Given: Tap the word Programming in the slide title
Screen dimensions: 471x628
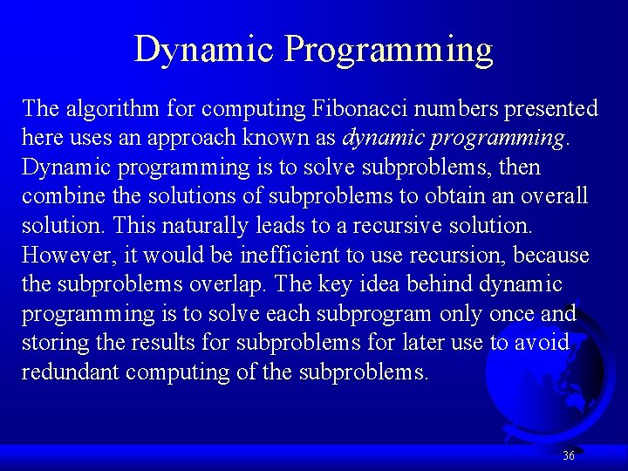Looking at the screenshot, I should (388, 51).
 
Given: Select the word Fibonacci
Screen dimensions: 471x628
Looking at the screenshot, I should (359, 108).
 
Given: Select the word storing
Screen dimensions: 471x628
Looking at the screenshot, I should (53, 344).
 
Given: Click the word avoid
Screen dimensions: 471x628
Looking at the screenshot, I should (542, 343).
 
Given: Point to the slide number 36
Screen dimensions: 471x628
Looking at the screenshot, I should (569, 455).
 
